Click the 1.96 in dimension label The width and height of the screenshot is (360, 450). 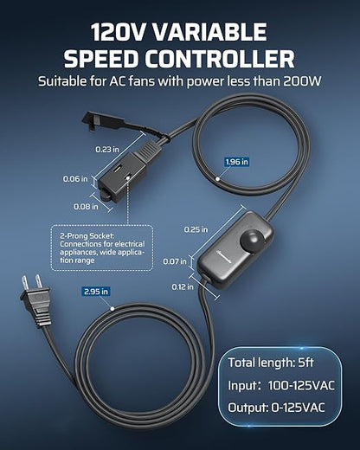point(236,162)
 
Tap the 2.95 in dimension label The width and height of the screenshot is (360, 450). point(96,292)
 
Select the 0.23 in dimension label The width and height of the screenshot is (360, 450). point(107,150)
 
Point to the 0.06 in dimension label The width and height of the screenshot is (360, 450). point(75,179)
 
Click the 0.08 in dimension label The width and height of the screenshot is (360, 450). point(86,207)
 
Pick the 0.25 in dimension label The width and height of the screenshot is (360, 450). point(196,229)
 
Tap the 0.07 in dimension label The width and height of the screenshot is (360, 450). point(175,261)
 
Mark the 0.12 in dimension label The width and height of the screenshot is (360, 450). point(183,286)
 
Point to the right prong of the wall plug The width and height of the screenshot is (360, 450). point(38,281)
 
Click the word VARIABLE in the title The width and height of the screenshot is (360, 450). point(209,32)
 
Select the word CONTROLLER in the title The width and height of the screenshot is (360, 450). point(220,59)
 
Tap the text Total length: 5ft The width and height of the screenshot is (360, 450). point(271,363)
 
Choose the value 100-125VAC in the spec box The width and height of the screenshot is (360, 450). point(301,386)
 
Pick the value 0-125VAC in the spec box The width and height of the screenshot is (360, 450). point(298,408)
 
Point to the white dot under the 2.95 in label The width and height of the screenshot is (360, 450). point(112,309)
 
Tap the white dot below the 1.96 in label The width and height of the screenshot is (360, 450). point(218,179)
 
